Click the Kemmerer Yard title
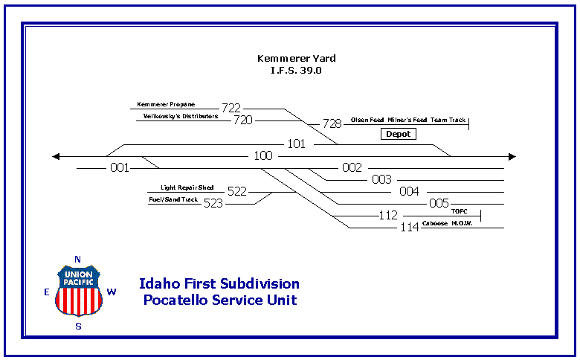[x=296, y=58]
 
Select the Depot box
[x=399, y=134]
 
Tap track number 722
[x=231, y=108]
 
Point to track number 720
[x=243, y=120]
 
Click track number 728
[x=332, y=123]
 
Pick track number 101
[x=297, y=144]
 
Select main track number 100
[x=263, y=156]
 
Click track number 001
[x=120, y=168]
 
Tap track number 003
[x=381, y=179]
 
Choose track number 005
[x=439, y=203]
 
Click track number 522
[x=237, y=191]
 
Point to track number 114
[x=410, y=227]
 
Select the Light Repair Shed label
[x=187, y=188]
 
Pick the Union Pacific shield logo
[x=78, y=290]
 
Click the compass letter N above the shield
[x=77, y=259]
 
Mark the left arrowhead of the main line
[x=56, y=156]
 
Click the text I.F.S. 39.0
[x=296, y=71]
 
